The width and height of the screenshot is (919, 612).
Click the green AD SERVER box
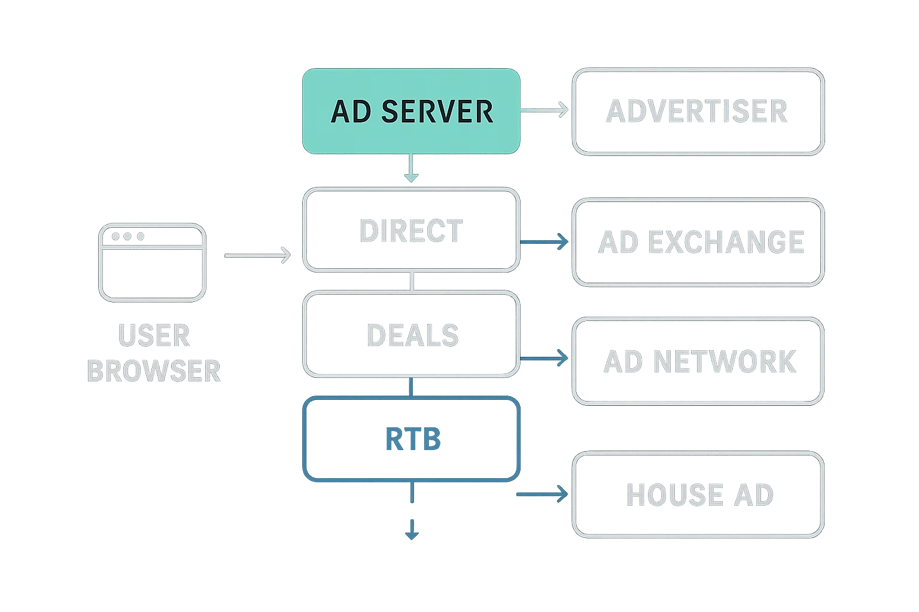tap(411, 111)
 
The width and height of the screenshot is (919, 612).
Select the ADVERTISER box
tap(698, 111)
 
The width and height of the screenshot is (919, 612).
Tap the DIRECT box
tap(411, 230)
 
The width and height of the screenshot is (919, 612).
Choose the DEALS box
tap(411, 334)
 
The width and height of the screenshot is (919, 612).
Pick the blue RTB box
tap(411, 439)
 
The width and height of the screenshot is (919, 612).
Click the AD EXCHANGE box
tap(698, 242)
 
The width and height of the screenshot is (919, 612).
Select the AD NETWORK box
tap(698, 361)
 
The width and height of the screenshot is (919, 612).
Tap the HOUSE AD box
tap(698, 494)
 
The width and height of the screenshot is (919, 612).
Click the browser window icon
tap(152, 262)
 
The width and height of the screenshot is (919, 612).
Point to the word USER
tap(154, 335)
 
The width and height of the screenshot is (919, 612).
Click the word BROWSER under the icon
tap(154, 371)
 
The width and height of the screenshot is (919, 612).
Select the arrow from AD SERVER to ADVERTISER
tap(544, 110)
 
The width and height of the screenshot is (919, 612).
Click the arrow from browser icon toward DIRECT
tap(257, 255)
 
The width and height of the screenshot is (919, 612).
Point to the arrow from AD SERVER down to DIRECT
tap(410, 168)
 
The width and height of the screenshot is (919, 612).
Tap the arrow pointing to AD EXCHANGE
tap(545, 241)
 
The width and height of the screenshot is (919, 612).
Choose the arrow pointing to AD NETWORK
tap(545, 359)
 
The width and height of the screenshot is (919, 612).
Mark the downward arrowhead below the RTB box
tap(411, 531)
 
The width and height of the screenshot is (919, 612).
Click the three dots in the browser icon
tap(127, 236)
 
